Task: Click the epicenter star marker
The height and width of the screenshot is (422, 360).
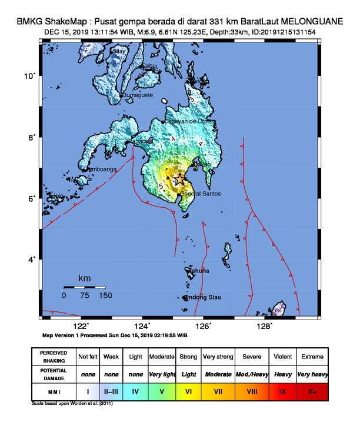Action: click(180, 180)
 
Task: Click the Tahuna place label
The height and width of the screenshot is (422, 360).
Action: click(199, 271)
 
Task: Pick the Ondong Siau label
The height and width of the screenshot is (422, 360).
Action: click(202, 297)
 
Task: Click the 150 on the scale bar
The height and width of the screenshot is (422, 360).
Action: click(105, 295)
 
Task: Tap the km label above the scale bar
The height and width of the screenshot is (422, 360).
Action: click(85, 277)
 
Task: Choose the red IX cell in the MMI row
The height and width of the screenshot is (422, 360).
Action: click(282, 390)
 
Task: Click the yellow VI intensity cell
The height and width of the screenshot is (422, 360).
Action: click(189, 390)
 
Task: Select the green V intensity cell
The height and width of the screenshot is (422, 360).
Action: click(162, 390)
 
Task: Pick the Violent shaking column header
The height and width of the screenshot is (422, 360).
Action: click(282, 357)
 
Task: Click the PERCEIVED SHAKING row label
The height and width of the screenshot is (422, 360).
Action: click(54, 357)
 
